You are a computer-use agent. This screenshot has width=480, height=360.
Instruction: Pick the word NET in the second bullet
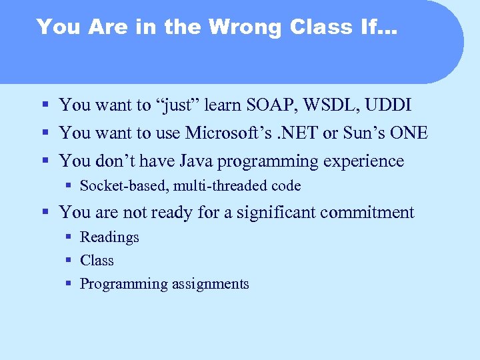(302, 133)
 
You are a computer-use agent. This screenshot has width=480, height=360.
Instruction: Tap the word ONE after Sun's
(409, 133)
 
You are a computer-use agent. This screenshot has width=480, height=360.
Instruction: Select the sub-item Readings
(109, 237)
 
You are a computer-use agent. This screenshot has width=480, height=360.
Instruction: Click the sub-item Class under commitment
(97, 261)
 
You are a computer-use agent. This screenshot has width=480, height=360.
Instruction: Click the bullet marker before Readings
(69, 237)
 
